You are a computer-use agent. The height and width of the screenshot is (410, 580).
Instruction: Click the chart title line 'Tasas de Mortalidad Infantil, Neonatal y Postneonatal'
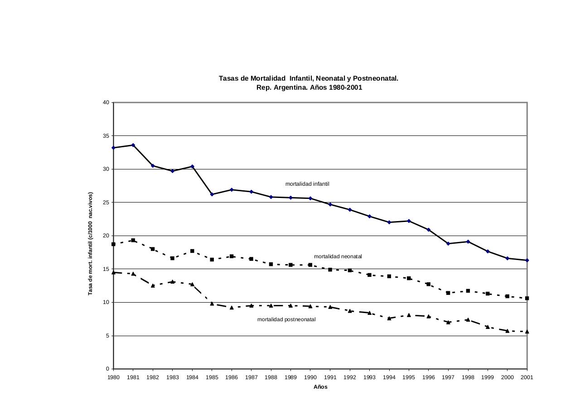click(308, 78)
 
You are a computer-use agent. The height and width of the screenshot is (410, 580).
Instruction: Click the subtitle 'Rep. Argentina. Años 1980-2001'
click(309, 87)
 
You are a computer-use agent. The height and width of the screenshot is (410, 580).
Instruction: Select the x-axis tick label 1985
click(212, 377)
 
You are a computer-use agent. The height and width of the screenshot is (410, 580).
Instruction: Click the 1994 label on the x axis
click(389, 377)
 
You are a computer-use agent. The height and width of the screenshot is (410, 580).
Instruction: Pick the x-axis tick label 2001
click(527, 377)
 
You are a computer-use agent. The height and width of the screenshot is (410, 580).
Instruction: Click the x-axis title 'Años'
click(320, 387)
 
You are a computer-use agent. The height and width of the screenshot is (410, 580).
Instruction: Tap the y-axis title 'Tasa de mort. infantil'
click(90, 244)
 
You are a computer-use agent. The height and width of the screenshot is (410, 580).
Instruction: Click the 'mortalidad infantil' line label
click(307, 184)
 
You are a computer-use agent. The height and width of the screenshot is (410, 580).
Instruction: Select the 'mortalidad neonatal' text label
click(338, 256)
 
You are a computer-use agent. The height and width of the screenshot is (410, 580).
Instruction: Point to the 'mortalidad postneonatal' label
click(286, 319)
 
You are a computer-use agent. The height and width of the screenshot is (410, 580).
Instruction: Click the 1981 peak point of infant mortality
click(133, 145)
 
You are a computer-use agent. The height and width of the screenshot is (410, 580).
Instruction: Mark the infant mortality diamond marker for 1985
click(212, 194)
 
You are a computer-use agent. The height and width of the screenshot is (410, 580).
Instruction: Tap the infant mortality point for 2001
click(527, 260)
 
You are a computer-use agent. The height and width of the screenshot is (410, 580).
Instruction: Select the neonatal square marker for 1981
click(133, 241)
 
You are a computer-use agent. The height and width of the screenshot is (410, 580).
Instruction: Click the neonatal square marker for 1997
click(448, 293)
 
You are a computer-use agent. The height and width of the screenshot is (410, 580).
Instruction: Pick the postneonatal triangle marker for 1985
click(212, 304)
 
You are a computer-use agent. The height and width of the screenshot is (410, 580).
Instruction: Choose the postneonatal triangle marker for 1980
click(114, 272)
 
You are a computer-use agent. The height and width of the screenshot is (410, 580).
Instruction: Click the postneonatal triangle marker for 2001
click(527, 332)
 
